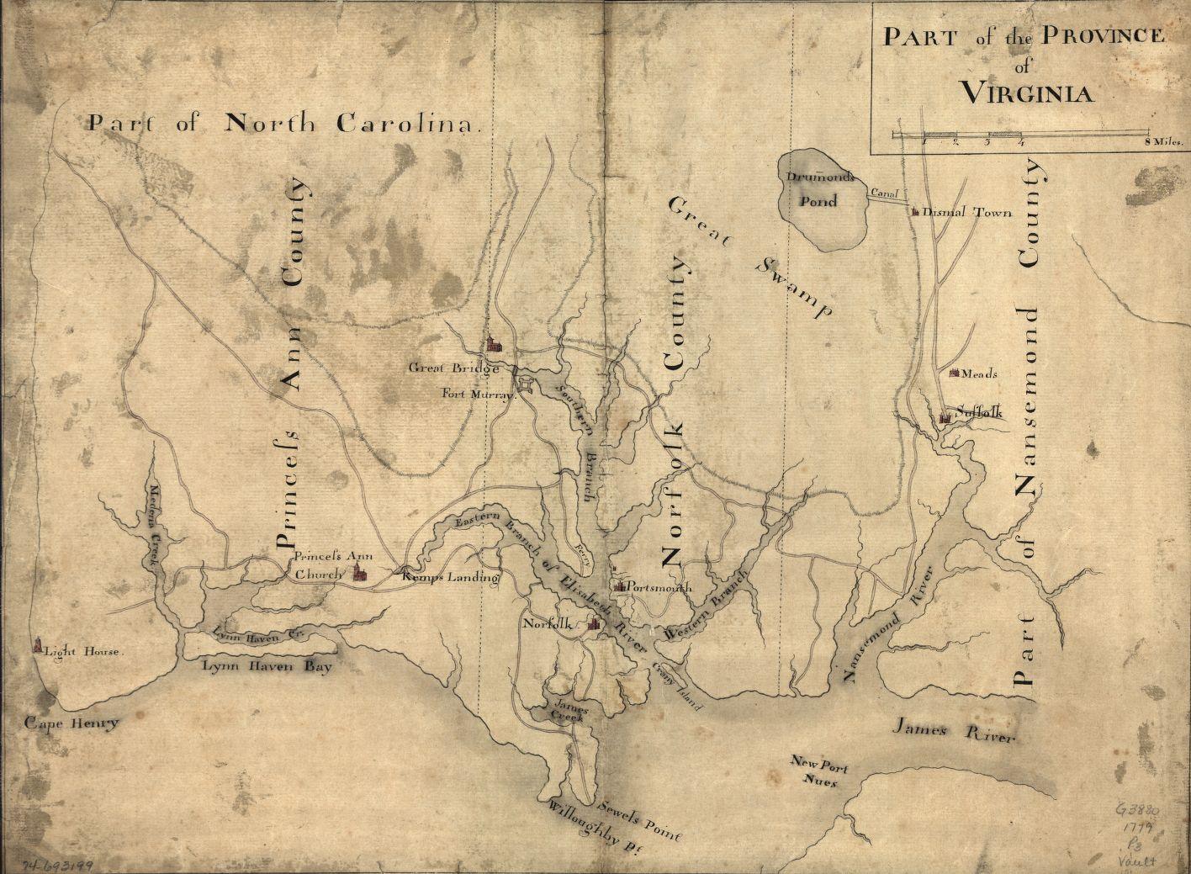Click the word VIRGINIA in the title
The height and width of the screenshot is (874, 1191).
click(1028, 92)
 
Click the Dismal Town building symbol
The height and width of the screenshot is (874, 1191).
click(915, 213)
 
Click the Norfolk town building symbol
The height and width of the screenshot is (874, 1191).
click(594, 623)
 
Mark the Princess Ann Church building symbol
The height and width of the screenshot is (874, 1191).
click(360, 573)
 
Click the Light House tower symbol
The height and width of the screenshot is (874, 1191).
click(36, 645)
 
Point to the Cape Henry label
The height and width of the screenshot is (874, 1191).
click(71, 723)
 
